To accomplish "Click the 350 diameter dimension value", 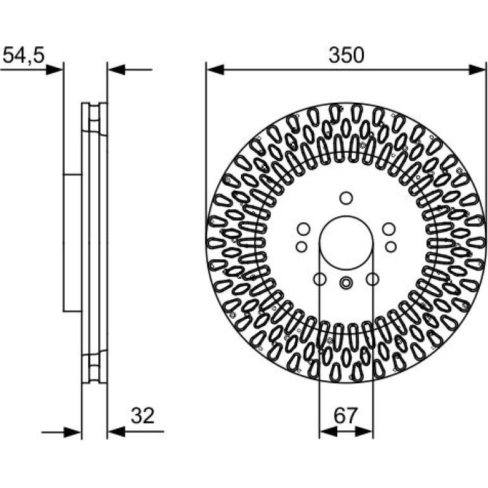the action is click(x=346, y=55).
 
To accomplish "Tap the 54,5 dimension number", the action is click(x=23, y=55).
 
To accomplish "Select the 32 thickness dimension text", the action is click(x=143, y=416).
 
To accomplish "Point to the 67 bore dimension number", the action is click(x=345, y=416).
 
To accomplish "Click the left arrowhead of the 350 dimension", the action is click(x=215, y=70).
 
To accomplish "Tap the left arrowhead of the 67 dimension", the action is click(x=328, y=432).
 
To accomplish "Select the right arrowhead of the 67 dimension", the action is click(x=364, y=432).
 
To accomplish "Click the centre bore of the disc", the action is click(x=346, y=243).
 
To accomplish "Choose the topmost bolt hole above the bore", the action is click(x=346, y=198).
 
